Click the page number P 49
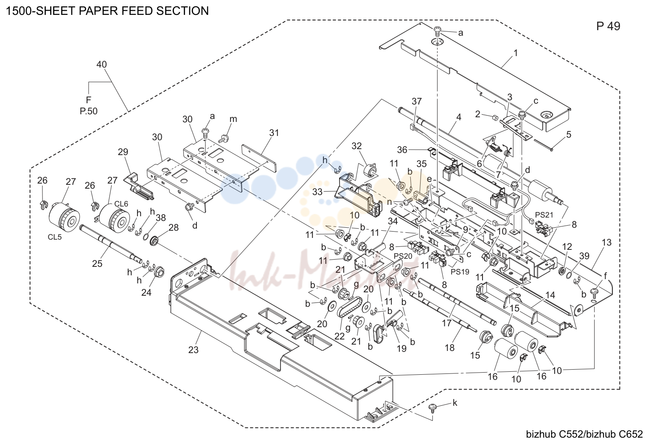pos(608,26)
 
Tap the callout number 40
pos(101,64)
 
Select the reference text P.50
pos(89,111)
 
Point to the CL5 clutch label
pos(55,237)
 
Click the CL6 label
pos(121,204)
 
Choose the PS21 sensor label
pos(544,215)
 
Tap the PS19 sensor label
pos(460,272)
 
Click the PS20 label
pos(403,256)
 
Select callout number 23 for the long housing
pos(193,350)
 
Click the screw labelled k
pos(432,407)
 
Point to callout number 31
pos(274,133)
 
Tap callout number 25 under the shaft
pos(97,263)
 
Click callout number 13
pos(606,242)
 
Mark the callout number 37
pos(416,101)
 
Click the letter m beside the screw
pos(233,119)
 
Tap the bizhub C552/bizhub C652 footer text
pos(584,434)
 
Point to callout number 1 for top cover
pos(516,53)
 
